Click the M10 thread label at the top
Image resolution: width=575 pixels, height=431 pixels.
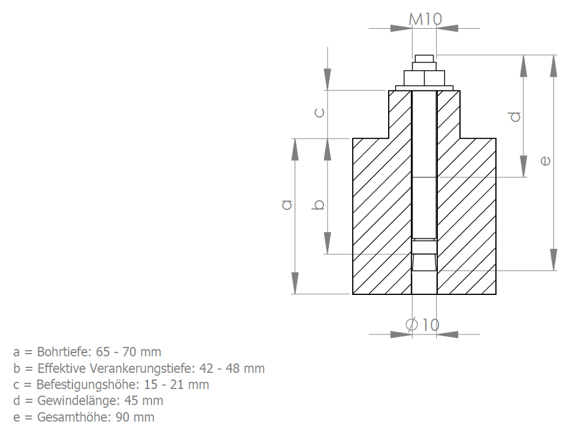[425, 19]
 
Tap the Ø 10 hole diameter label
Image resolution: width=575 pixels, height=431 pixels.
[422, 324]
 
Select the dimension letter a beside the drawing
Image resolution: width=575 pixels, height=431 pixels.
[287, 204]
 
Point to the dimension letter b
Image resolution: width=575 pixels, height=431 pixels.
[319, 205]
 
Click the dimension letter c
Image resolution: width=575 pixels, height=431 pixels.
[320, 112]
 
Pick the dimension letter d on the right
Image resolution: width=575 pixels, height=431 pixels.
[515, 117]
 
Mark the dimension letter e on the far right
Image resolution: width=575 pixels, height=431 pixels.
[545, 161]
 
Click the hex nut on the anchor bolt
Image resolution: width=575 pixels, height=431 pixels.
[424, 78]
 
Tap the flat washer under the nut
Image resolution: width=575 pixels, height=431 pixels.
[424, 88]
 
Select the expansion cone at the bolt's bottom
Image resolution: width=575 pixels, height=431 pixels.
[424, 262]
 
